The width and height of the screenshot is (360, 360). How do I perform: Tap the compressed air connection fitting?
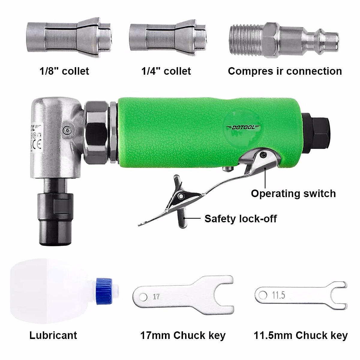click(x=283, y=40)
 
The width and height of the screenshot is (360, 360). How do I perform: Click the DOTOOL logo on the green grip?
click(x=243, y=127)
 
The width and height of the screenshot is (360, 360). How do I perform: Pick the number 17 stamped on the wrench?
click(x=156, y=297)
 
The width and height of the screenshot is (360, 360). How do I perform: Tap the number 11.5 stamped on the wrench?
click(x=278, y=295)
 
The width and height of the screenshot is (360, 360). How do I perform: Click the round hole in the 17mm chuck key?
click(x=143, y=297)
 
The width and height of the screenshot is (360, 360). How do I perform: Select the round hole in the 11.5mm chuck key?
click(x=263, y=295)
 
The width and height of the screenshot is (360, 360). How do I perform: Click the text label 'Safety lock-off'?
click(x=240, y=219)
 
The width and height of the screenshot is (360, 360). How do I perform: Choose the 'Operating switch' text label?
click(x=293, y=193)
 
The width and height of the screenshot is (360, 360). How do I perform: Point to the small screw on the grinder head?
click(x=67, y=129)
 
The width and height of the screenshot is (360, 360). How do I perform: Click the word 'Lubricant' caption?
click(x=53, y=335)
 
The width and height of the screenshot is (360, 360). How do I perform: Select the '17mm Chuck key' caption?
click(x=183, y=335)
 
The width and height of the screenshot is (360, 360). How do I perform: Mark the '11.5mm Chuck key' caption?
click(x=301, y=335)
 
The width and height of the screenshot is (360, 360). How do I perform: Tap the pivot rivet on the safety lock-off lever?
click(x=181, y=196)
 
